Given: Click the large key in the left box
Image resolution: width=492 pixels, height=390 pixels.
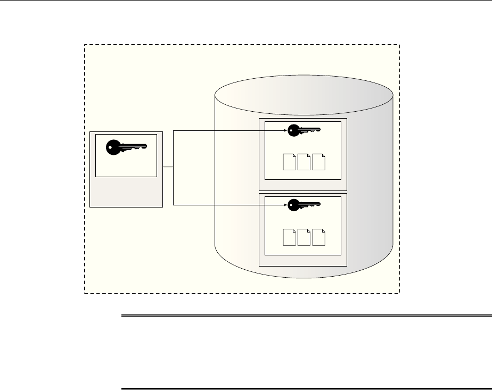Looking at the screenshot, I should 126,147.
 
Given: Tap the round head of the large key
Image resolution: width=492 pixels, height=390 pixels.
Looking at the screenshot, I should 113,147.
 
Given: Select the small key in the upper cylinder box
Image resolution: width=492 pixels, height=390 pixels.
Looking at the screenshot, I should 304,129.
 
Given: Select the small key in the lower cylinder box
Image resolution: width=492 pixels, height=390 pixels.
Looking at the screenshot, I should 304,205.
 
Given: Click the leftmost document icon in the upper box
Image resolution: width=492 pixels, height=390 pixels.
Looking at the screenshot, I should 290,161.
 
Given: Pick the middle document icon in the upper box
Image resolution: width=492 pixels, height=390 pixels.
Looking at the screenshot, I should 304,161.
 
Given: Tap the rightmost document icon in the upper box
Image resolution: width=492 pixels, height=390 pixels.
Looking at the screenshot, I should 318,161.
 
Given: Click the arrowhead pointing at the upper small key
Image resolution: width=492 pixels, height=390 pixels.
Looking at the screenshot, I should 285,129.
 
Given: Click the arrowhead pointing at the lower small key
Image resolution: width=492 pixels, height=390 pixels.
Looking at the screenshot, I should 285,205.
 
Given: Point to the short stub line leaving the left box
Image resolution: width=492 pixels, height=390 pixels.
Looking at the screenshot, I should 168,167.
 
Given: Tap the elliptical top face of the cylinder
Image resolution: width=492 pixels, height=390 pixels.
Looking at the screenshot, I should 304,96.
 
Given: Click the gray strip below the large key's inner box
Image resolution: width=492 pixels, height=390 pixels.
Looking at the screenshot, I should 126,192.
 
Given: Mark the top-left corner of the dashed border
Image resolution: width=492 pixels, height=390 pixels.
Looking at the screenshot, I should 85,45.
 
